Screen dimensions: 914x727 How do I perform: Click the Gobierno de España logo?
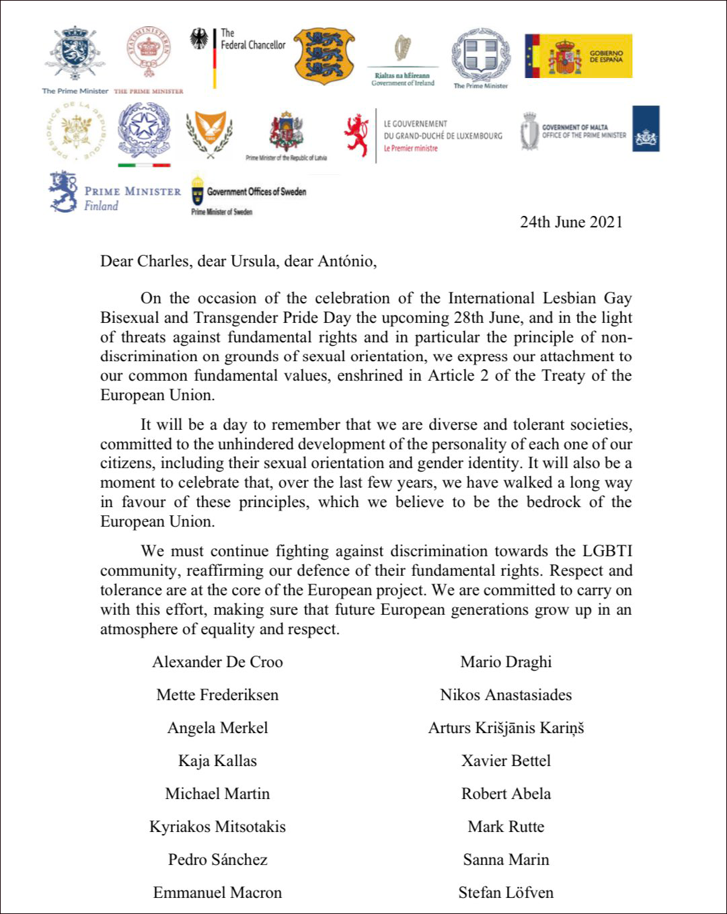[x=578, y=56]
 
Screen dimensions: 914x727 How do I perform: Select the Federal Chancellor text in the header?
[x=253, y=40]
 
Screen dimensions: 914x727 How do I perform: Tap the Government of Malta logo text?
[x=584, y=130]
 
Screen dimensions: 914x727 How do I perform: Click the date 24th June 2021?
[x=571, y=223]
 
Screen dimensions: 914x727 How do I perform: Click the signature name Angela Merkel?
[x=217, y=728]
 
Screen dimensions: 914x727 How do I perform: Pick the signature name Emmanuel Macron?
[x=217, y=892]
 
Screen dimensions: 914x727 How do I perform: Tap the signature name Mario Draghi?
[x=506, y=662]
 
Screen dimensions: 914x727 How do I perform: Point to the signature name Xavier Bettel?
[x=506, y=761]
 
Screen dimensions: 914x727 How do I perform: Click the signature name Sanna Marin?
[x=506, y=860]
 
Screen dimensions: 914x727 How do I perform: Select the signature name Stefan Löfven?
[x=506, y=892]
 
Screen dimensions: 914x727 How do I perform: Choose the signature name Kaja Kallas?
[x=217, y=761]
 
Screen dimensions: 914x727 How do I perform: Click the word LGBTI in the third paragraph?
[x=605, y=551]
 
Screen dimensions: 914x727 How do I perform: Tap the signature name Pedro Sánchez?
[x=217, y=860]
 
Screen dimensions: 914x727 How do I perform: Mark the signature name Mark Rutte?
[x=506, y=827]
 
